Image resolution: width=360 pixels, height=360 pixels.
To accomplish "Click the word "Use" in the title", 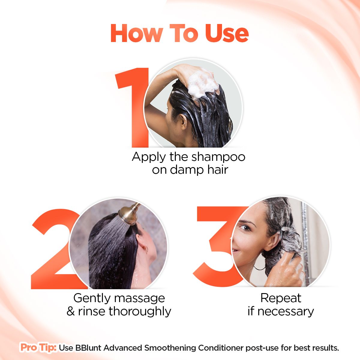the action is click(x=227, y=33).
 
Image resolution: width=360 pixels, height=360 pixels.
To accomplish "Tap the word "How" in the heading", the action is click(x=137, y=33).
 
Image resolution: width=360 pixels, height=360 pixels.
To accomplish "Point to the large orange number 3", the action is click(x=215, y=247).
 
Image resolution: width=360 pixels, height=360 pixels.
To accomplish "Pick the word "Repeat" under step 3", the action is click(x=281, y=298).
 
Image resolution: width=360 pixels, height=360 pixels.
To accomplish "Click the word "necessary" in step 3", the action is click(x=286, y=312).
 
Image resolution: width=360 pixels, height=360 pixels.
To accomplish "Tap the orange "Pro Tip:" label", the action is click(x=38, y=347).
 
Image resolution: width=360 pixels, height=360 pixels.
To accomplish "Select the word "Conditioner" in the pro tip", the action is click(x=221, y=348).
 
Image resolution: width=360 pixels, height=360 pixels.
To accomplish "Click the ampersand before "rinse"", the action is click(x=71, y=311).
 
